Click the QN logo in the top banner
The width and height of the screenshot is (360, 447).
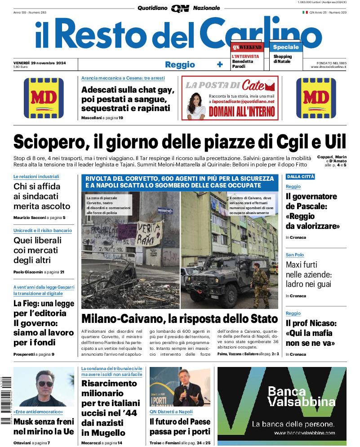pyautogui.click(x=180, y=8)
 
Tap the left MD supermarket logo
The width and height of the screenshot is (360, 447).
pyautogui.click(x=44, y=98)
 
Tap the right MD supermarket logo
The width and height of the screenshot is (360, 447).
pyautogui.click(x=316, y=98)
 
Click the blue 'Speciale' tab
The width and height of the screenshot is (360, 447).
pyautogui.click(x=285, y=47)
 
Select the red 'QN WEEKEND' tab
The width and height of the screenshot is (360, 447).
pyautogui.click(x=247, y=47)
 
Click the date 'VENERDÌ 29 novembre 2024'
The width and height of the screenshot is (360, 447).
pyautogui.click(x=40, y=63)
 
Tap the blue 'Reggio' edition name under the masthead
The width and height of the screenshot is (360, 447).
pyautogui.click(x=180, y=65)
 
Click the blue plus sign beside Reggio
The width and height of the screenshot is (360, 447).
pyautogui.click(x=220, y=64)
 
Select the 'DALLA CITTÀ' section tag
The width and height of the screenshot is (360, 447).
pyautogui.click(x=300, y=177)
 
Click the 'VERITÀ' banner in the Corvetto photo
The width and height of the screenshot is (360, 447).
pyautogui.click(x=149, y=233)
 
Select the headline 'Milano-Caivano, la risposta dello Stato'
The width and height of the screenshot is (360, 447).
pyautogui.click(x=179, y=319)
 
